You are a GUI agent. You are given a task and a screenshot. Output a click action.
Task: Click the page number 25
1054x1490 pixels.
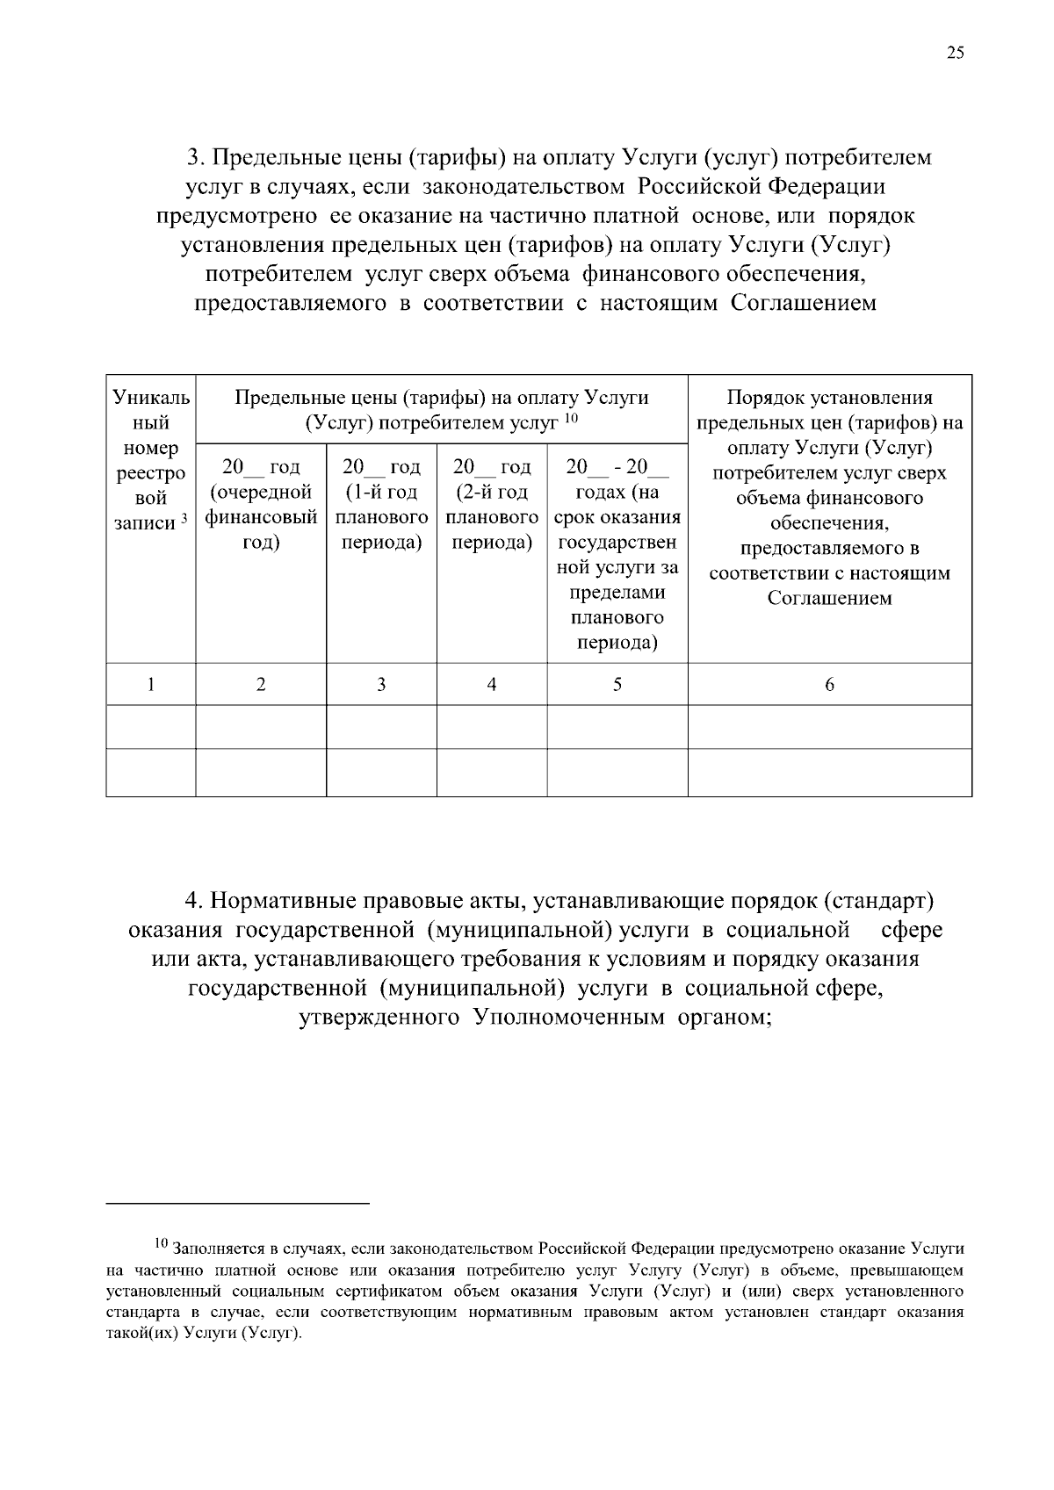coord(955,53)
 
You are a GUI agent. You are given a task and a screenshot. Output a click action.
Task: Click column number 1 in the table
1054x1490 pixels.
coord(151,684)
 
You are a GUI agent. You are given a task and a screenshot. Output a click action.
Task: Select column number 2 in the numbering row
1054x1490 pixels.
coord(261,684)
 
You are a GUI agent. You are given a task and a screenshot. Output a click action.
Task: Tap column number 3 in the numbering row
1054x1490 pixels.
coord(381,684)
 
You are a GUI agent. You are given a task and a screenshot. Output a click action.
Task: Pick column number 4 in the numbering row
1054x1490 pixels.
coord(492,684)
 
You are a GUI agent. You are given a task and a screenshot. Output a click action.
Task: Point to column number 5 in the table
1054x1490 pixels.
coord(617,684)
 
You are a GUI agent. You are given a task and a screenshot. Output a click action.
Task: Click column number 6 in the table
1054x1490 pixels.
coord(829,684)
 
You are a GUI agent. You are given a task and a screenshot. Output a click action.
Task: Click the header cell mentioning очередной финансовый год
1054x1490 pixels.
coord(261,505)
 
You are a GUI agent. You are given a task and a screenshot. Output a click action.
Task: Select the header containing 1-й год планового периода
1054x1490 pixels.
coord(381,505)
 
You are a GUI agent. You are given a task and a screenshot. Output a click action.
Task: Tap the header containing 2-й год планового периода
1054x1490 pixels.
coord(492,505)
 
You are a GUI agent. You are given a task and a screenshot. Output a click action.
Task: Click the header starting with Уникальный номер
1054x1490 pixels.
coord(151,461)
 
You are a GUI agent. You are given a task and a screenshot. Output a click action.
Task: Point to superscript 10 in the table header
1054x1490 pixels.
coord(570,418)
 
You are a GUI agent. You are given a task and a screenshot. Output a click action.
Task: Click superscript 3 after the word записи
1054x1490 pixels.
coord(184,520)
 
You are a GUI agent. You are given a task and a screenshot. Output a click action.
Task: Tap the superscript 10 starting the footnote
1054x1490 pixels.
coord(161,1243)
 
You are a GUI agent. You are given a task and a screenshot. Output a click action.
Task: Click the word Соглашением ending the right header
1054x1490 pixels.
coord(829,599)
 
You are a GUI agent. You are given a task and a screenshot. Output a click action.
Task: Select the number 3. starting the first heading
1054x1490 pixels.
coord(195,158)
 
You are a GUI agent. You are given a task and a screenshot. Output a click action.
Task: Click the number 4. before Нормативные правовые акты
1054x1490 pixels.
coord(194,902)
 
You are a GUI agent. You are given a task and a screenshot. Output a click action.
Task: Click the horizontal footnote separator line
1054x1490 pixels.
coord(237,1203)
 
